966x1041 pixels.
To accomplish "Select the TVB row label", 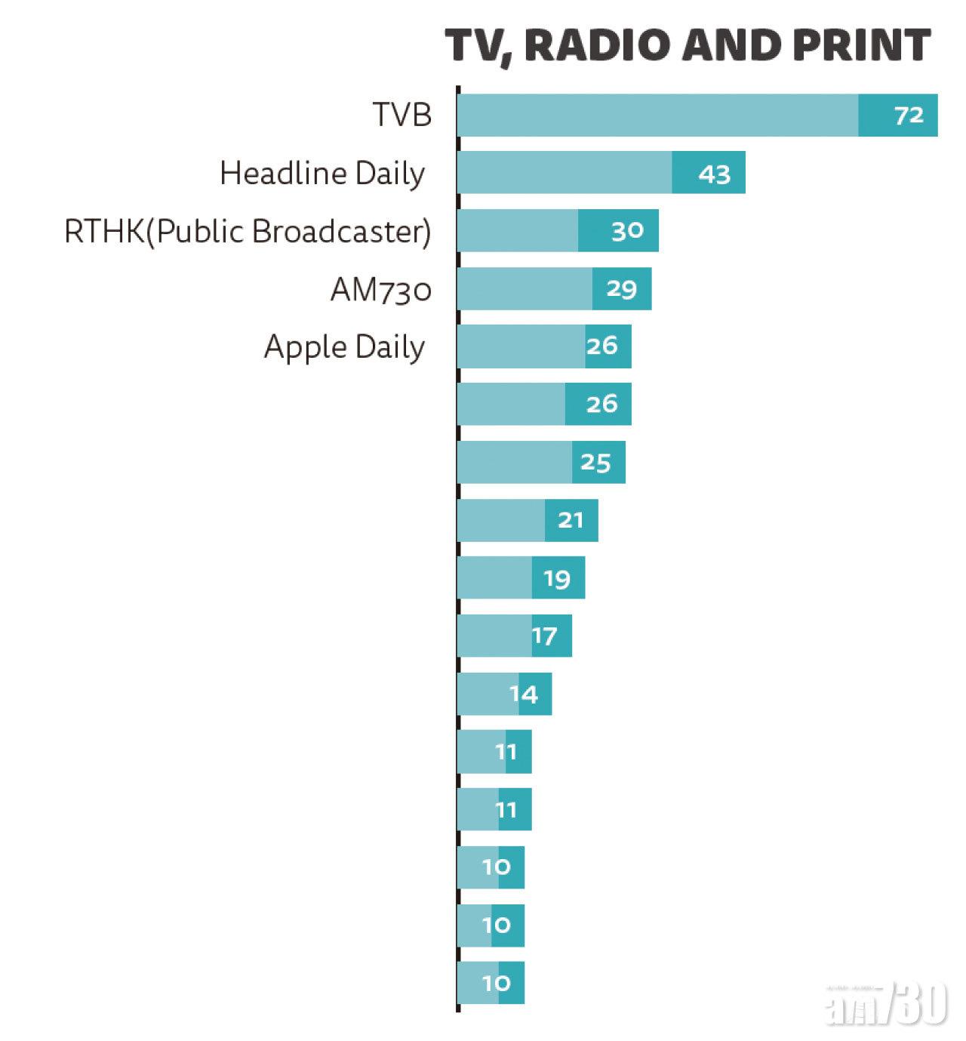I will (402, 115).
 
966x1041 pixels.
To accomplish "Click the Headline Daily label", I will (322, 174).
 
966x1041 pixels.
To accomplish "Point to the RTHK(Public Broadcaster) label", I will (248, 232).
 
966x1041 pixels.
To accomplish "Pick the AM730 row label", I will (380, 290).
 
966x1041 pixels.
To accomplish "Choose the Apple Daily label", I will (344, 347).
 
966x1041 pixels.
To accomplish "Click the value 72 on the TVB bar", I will (909, 115).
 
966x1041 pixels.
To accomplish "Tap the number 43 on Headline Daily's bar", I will (714, 174).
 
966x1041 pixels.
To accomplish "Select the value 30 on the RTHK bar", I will (627, 231).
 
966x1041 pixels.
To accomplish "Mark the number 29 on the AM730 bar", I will (621, 289).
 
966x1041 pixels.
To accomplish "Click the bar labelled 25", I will (540, 462).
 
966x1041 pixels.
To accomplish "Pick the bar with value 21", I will (527, 520).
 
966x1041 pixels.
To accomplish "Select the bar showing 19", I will (521, 578).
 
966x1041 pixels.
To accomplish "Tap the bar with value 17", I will (514, 636).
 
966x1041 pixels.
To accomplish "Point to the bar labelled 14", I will (504, 694).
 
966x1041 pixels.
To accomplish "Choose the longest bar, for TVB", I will (697, 115).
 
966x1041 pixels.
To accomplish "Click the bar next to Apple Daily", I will (543, 346).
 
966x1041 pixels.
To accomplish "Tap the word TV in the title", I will (473, 45).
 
